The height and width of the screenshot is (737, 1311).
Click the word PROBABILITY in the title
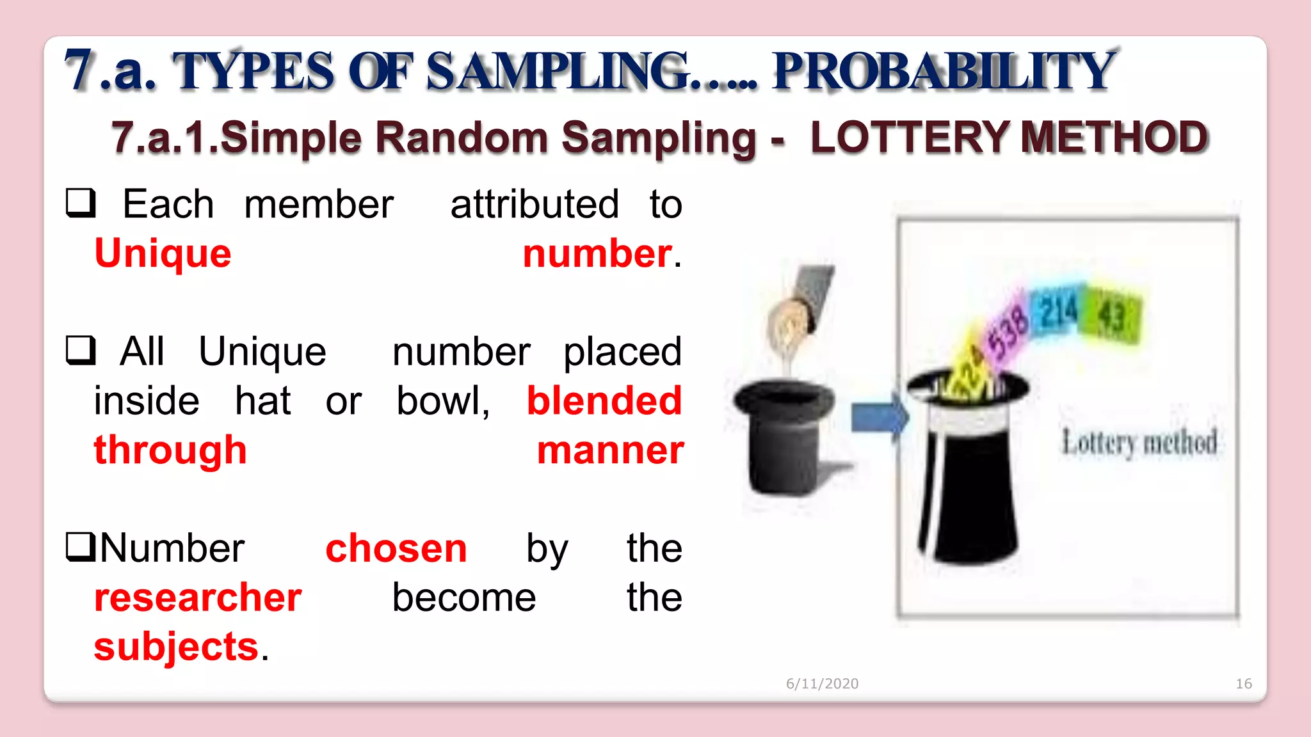944,70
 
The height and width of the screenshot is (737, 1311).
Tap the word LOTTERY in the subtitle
910,138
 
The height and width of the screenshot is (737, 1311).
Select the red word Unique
163,253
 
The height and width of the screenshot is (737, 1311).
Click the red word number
597,253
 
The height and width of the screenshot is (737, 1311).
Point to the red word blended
604,401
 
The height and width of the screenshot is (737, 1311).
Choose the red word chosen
396,548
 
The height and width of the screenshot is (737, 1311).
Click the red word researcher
198,598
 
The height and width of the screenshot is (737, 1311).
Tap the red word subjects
176,647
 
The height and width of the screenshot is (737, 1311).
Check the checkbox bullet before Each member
81,203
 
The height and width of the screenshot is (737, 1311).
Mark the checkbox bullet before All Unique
81,351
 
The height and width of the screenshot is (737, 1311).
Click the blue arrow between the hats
879,419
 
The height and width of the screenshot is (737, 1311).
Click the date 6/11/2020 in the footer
822,684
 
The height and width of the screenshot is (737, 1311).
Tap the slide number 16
1243,684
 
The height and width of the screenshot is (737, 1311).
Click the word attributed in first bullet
535,205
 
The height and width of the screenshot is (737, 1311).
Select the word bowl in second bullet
441,401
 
